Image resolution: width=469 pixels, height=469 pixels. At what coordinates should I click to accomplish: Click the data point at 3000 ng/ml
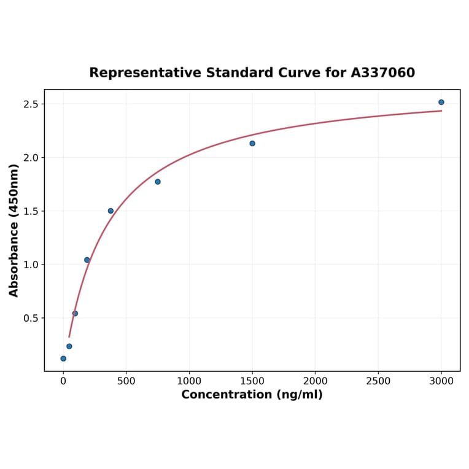click(x=441, y=102)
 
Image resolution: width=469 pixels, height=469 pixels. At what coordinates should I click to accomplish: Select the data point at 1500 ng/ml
click(x=252, y=144)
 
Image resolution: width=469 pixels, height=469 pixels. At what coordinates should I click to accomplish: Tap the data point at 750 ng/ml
click(x=158, y=182)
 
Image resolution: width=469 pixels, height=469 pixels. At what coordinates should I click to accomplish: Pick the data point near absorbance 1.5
click(x=110, y=211)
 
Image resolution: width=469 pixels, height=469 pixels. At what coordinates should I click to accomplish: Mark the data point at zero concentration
click(x=63, y=359)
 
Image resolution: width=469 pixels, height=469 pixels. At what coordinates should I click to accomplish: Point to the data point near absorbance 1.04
click(x=87, y=260)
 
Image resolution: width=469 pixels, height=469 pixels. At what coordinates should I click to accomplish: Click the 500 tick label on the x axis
click(x=126, y=381)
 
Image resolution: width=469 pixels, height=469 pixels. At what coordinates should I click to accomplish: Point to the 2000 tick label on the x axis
click(x=315, y=381)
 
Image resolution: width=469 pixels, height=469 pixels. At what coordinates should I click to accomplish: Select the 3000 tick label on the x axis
click(x=441, y=381)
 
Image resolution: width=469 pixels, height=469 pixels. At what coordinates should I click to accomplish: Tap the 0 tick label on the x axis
click(x=63, y=381)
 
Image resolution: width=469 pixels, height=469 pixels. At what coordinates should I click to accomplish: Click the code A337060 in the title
click(x=383, y=73)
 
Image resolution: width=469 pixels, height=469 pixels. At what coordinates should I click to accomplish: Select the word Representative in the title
click(x=145, y=73)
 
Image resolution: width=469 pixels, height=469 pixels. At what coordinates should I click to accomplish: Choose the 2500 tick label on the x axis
click(x=378, y=381)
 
